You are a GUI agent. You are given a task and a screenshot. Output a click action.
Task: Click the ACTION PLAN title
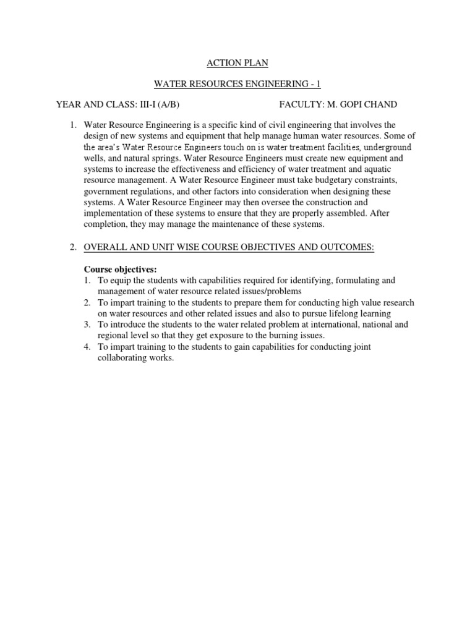click(237, 62)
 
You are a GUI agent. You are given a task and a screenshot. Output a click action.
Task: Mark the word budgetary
click(325, 179)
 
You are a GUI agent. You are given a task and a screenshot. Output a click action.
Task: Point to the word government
click(106, 191)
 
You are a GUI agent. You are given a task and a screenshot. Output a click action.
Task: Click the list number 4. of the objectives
click(88, 347)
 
